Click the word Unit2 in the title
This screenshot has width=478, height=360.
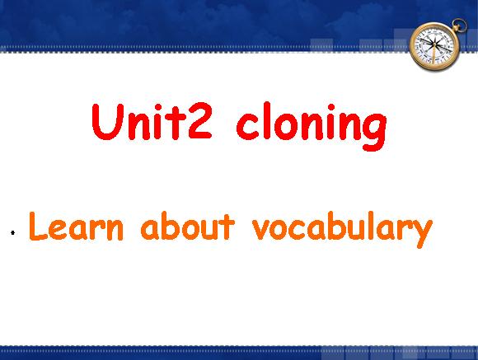coord(152,121)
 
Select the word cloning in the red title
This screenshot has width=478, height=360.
coord(312,126)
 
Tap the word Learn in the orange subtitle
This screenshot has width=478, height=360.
coord(76,227)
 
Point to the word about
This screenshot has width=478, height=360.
coord(187,227)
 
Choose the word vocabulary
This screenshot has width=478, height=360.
coord(342,229)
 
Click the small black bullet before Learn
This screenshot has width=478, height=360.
coord(13,233)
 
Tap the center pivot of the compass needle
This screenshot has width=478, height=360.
coord(434,45)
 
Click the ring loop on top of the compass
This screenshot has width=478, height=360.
coord(460,25)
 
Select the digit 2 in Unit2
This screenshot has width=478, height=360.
coord(199,121)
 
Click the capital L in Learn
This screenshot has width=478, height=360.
coord(38,227)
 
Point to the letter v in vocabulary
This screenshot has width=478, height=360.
coord(262,229)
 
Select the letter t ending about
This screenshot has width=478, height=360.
coord(227,227)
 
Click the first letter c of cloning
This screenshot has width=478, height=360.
coord(246,126)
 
